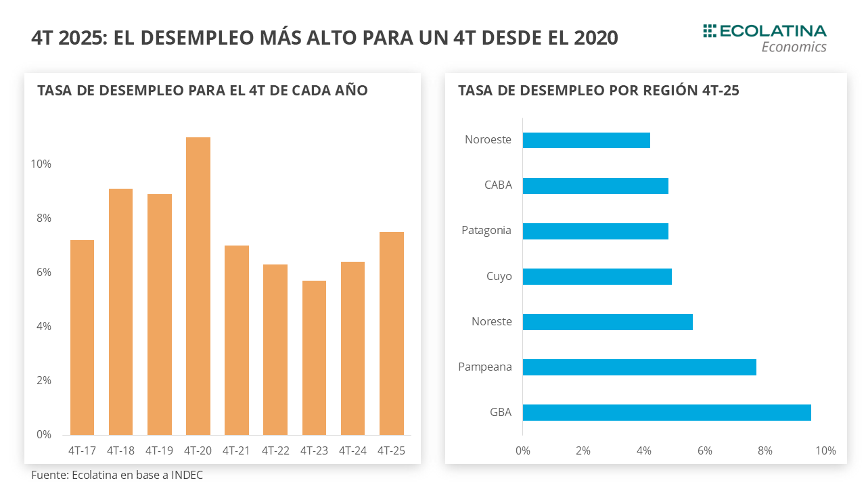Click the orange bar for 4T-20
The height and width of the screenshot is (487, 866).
pyautogui.click(x=198, y=286)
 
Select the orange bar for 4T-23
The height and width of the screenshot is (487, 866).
pyautogui.click(x=314, y=358)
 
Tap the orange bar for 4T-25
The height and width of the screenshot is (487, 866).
pyautogui.click(x=392, y=333)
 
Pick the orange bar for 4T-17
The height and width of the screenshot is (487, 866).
pyautogui.click(x=82, y=338)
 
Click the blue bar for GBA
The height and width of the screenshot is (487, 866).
pyautogui.click(x=666, y=413)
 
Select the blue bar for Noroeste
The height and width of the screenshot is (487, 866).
pyautogui.click(x=586, y=140)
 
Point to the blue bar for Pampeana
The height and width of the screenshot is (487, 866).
pyautogui.click(x=639, y=367)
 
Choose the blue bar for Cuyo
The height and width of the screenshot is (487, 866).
pyautogui.click(x=597, y=277)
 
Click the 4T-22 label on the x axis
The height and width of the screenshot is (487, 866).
pyautogui.click(x=275, y=450)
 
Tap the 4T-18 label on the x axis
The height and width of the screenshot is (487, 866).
pyautogui.click(x=120, y=450)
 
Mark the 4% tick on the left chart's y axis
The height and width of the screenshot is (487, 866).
pyautogui.click(x=43, y=327)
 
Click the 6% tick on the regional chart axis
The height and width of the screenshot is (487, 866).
pyautogui.click(x=704, y=450)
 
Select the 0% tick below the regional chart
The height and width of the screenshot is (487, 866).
pyautogui.click(x=523, y=450)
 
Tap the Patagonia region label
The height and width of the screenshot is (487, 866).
pyautogui.click(x=486, y=231)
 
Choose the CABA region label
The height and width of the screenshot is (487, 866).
pyautogui.click(x=498, y=185)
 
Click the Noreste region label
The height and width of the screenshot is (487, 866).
pyautogui.click(x=492, y=322)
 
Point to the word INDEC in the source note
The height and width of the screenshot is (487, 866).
pyautogui.click(x=187, y=475)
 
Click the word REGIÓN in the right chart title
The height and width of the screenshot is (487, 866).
pyautogui.click(x=670, y=91)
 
